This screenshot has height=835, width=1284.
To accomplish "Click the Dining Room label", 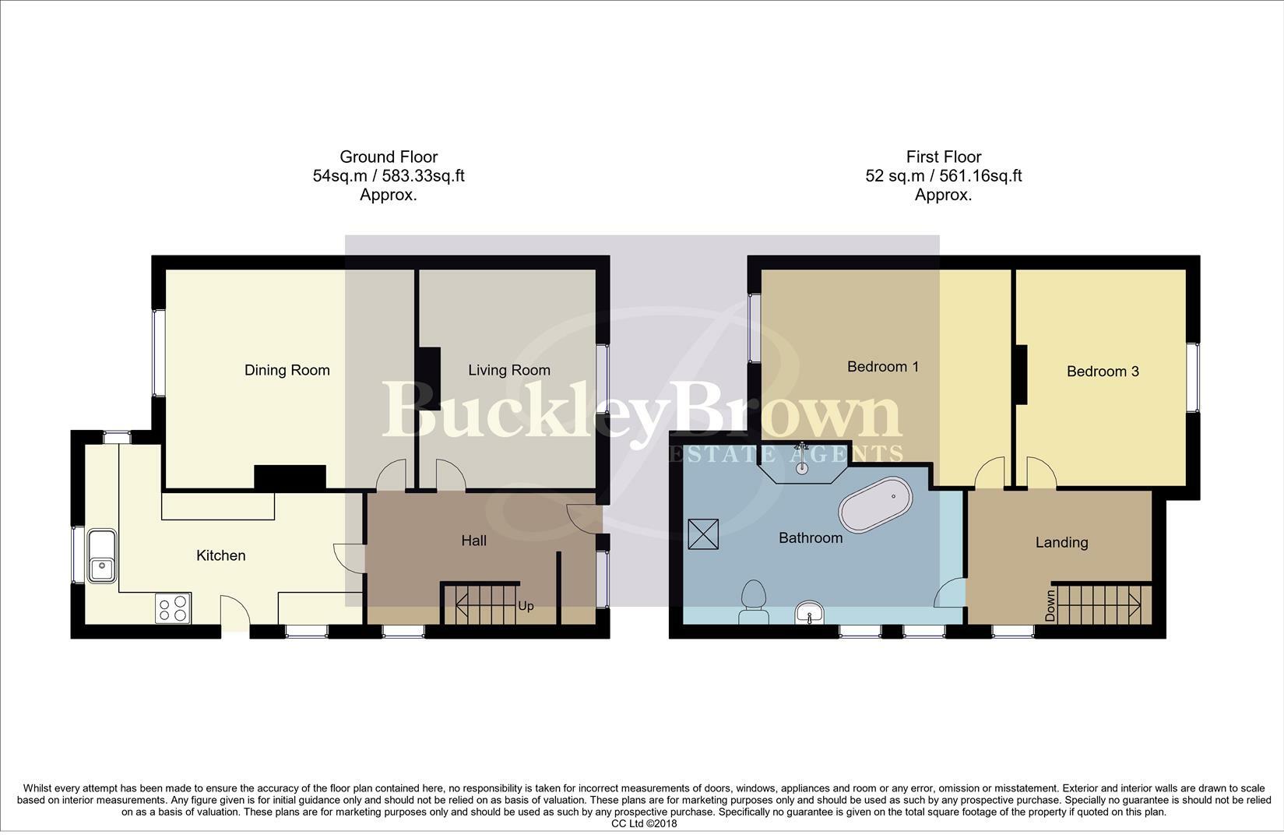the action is click(x=287, y=371).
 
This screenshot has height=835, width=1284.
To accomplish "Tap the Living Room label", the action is click(x=509, y=371).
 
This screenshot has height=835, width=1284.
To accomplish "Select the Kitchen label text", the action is click(x=220, y=555).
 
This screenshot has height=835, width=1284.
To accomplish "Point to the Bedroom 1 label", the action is click(x=883, y=366).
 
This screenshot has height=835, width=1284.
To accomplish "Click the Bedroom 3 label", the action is click(x=1103, y=372).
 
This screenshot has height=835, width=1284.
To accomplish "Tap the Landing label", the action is click(x=1061, y=543).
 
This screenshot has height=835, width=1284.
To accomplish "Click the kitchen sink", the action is click(x=102, y=556).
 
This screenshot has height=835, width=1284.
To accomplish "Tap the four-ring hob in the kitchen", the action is click(x=173, y=608).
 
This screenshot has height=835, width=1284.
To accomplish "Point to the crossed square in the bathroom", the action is click(x=703, y=534).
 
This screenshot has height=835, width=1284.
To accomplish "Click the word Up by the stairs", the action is click(x=526, y=606).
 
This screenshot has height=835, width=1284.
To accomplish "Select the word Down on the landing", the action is click(x=1050, y=605).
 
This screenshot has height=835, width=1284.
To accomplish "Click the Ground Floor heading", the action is click(x=389, y=157).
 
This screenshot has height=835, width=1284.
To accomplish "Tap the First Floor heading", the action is click(x=944, y=157).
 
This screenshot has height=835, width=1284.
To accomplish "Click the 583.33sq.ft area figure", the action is click(x=416, y=175).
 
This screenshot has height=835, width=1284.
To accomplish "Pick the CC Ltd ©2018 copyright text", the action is click(x=644, y=823).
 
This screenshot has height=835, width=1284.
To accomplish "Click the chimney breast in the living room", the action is click(x=428, y=379).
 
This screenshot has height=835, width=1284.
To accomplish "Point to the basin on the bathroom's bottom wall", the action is click(x=809, y=612).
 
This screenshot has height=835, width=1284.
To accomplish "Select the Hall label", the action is click(x=474, y=541).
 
